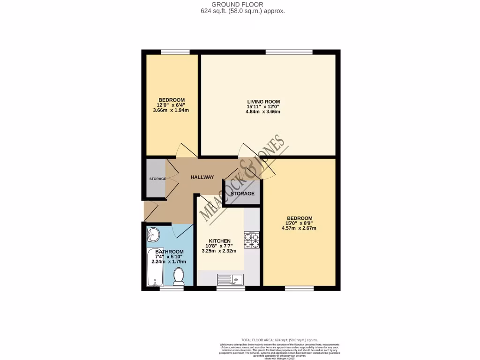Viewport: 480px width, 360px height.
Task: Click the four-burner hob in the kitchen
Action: click(x=252, y=240)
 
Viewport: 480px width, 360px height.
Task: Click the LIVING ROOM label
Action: click(x=263, y=102)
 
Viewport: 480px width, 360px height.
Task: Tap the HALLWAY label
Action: click(x=202, y=177)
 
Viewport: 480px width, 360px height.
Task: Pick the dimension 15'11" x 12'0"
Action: click(x=263, y=107)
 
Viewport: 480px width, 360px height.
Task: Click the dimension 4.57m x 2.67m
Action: click(x=300, y=229)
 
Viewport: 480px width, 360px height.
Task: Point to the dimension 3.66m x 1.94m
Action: click(x=171, y=110)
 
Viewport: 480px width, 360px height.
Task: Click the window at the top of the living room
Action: click(x=289, y=52)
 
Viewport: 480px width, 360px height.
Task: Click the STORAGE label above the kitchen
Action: click(x=242, y=194)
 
